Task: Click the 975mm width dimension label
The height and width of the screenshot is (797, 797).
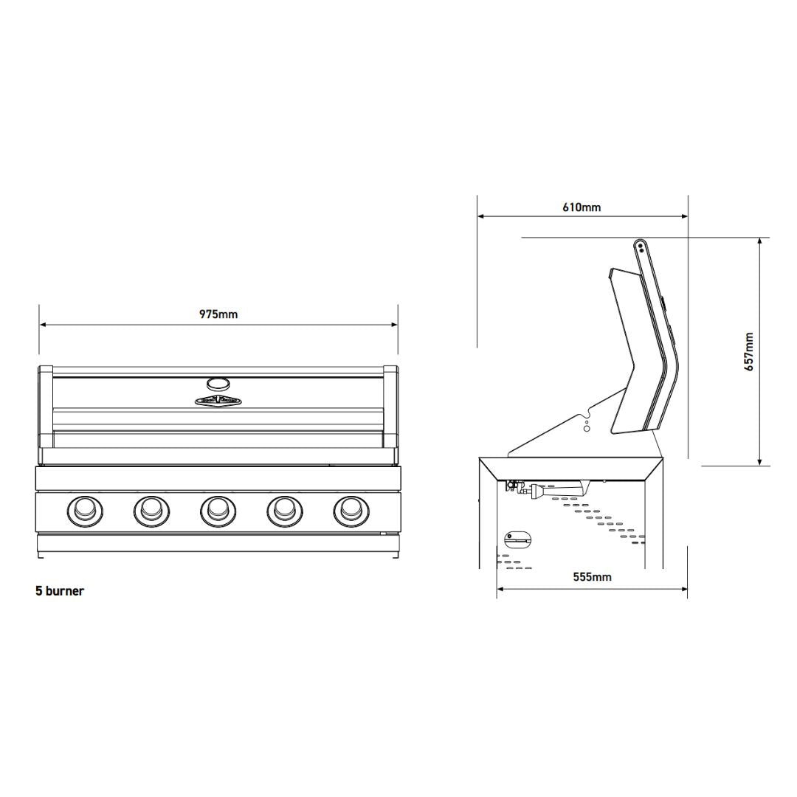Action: click(x=218, y=314)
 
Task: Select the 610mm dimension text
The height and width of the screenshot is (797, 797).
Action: click(x=582, y=207)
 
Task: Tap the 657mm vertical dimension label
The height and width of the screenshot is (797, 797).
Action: click(x=749, y=352)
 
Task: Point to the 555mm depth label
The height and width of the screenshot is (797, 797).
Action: click(x=592, y=577)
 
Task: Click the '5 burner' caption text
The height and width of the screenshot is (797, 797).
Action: click(x=60, y=590)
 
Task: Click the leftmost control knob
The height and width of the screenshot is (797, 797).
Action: click(x=85, y=510)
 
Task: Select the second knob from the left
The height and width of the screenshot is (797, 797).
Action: click(x=151, y=510)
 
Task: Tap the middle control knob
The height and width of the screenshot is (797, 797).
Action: click(x=218, y=510)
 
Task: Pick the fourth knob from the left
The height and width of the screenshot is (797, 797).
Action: click(x=285, y=510)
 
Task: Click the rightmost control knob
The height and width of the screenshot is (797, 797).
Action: click(x=351, y=510)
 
